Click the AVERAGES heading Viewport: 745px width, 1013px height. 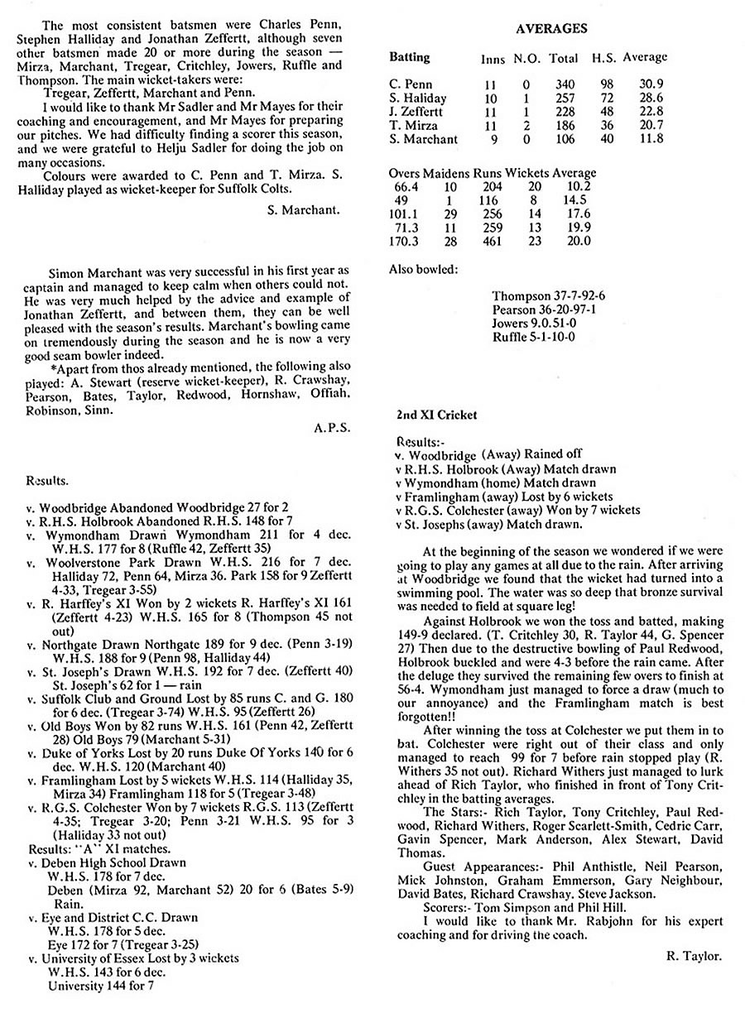[550, 28]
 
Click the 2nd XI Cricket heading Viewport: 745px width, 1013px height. [436, 415]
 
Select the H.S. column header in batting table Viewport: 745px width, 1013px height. [603, 58]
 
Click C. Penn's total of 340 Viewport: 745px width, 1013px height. [565, 84]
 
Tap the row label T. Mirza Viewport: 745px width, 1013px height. [414, 125]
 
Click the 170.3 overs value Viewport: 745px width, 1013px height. [405, 241]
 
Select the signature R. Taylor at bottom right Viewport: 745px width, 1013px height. [693, 956]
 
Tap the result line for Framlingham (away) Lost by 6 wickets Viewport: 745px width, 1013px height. [492, 497]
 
